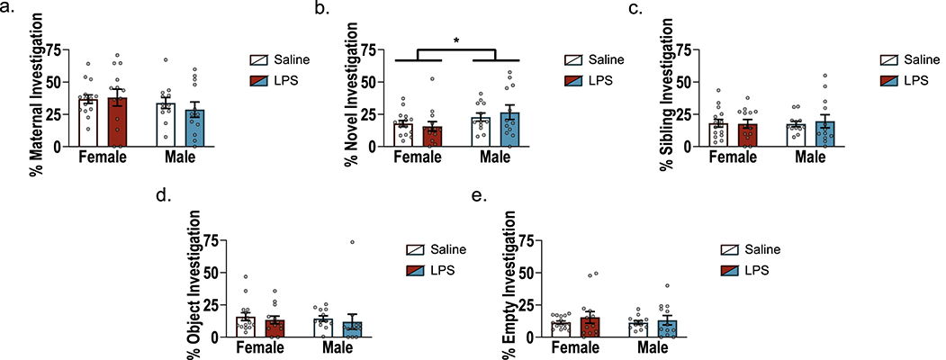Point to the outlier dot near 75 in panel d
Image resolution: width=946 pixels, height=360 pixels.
353,242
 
